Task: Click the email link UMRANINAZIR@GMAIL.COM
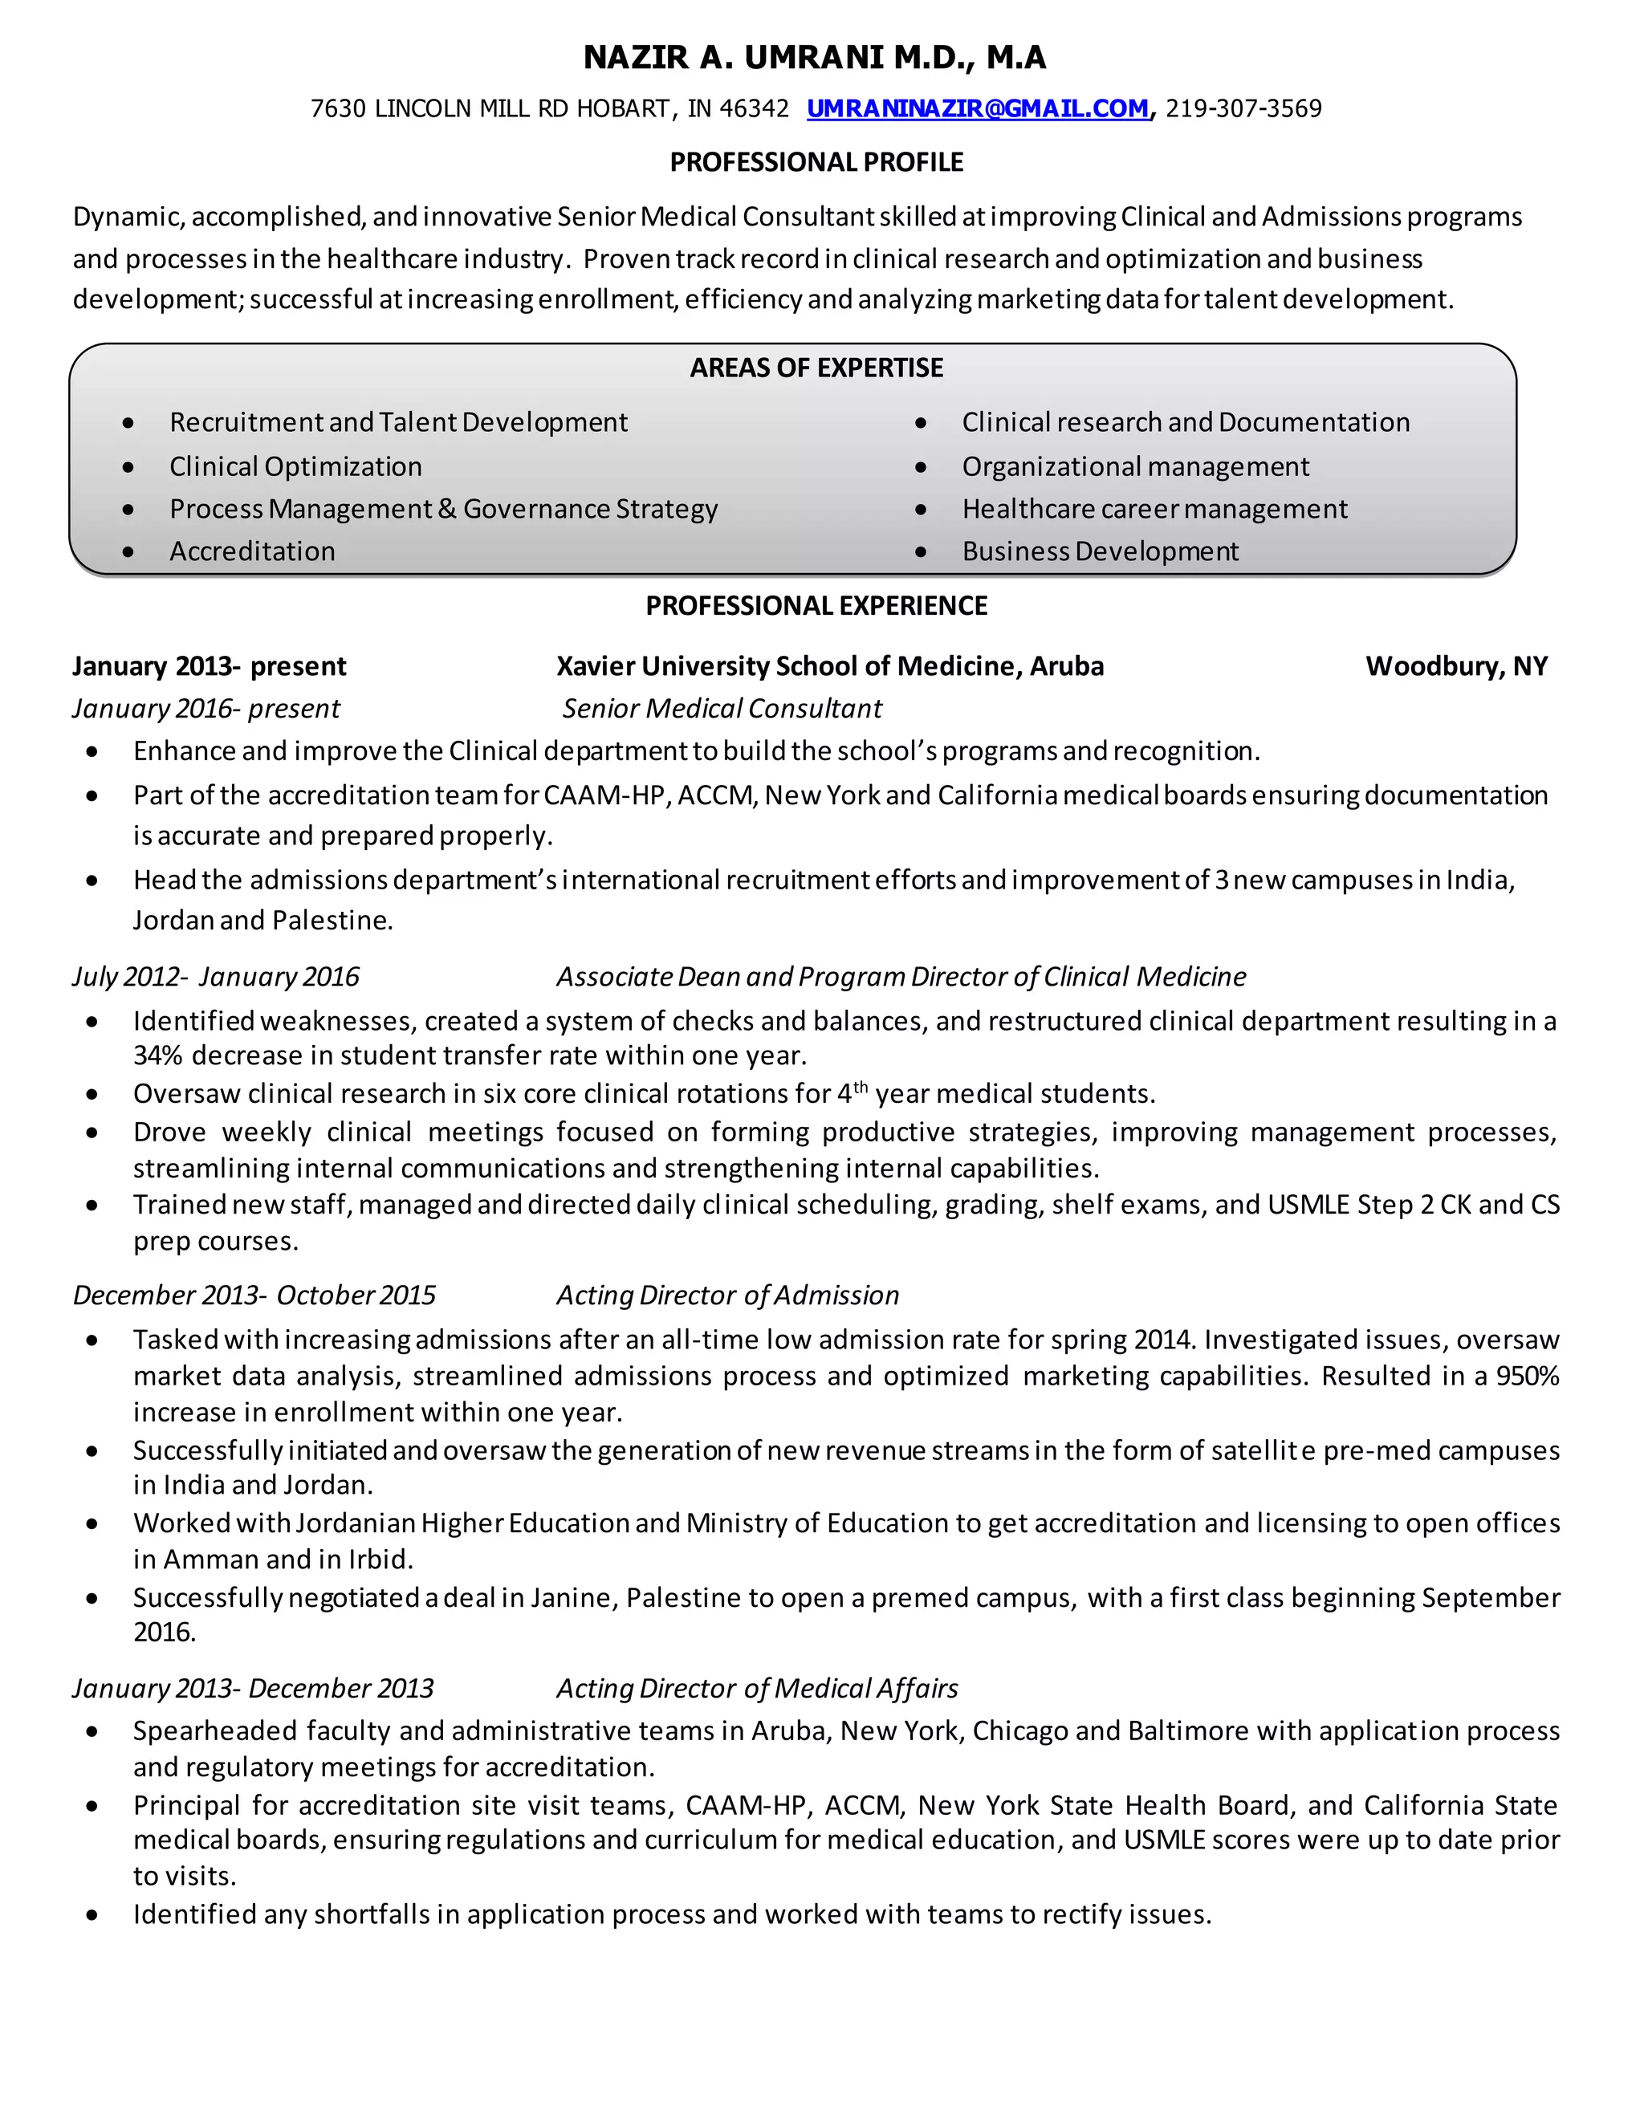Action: point(977,108)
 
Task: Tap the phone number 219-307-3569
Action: point(1243,108)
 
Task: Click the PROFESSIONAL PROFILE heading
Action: point(816,161)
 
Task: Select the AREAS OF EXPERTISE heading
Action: point(816,367)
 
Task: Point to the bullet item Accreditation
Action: point(252,551)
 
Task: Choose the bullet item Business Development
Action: point(1100,551)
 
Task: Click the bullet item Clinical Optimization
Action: point(295,466)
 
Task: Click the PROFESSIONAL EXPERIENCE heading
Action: point(816,606)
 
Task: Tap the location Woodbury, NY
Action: point(1456,666)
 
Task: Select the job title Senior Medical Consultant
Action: point(722,708)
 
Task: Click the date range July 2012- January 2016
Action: point(215,976)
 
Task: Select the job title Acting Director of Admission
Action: point(727,1295)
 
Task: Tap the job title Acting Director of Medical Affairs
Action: point(757,1688)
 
